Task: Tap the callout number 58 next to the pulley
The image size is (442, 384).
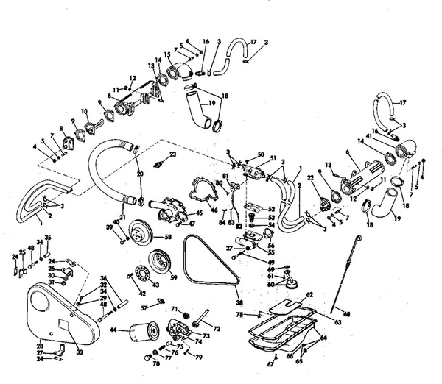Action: pos(168,238)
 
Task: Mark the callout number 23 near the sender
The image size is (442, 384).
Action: pos(172,154)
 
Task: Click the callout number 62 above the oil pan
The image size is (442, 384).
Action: pos(309,294)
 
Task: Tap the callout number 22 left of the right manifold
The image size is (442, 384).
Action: pos(311,178)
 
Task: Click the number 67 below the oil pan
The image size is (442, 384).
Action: pos(270,363)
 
